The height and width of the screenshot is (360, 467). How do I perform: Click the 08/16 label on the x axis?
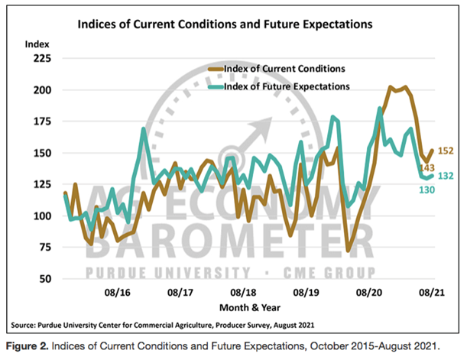[x=115, y=292]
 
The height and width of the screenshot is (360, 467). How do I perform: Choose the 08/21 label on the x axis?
[x=433, y=292]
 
